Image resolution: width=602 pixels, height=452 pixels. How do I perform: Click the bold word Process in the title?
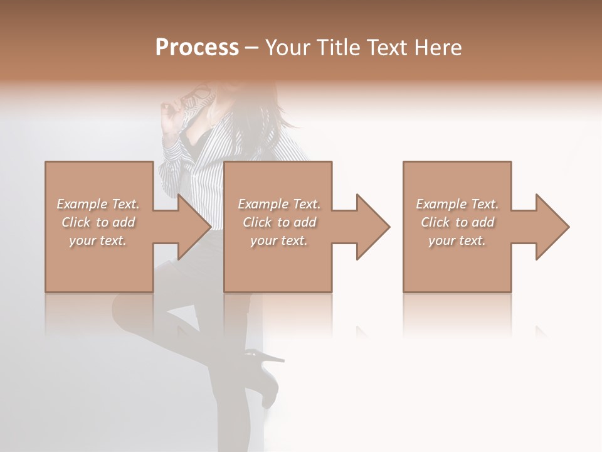[197, 48]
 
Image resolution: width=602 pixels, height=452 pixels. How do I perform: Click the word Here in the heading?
[438, 48]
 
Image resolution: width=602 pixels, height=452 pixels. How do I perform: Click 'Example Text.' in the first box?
[98, 204]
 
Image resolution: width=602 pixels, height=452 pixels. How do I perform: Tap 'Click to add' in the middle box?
[279, 222]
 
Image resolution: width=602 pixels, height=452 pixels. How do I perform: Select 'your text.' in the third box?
[457, 240]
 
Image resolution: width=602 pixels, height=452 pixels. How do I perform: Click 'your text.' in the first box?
[98, 240]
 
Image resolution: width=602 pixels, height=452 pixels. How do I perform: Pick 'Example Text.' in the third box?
[457, 204]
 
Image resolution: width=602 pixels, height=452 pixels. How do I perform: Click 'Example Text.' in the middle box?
[279, 204]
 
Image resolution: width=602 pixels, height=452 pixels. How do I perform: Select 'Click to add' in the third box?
[457, 222]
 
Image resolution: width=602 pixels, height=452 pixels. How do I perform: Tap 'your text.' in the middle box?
[279, 240]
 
